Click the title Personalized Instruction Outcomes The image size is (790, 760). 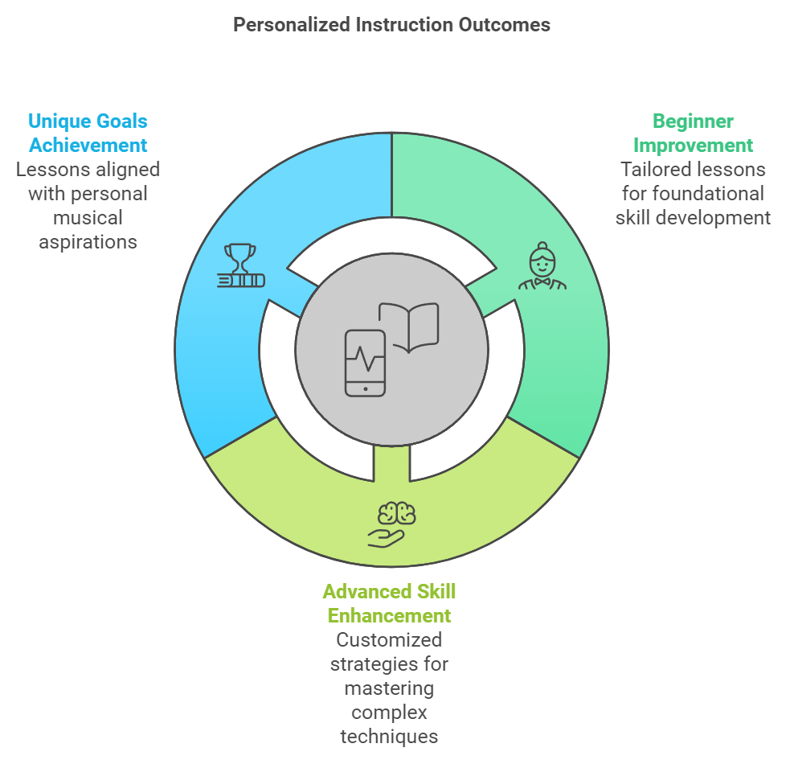coord(391,25)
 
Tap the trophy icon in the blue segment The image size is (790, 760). coord(241,265)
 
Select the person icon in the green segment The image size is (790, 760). coord(542,265)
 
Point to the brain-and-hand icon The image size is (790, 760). coord(391,524)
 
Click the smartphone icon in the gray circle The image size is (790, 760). coord(366,363)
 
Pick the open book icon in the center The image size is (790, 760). coord(408,327)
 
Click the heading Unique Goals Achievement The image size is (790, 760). coord(88,134)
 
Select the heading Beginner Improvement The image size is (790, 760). coord(693,134)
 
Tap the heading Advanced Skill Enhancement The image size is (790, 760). coord(389,604)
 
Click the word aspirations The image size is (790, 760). coord(88,242)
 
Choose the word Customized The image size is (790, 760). coord(389,640)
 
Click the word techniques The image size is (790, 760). coord(389,737)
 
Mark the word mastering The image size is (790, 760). coord(389,688)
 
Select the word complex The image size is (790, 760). coord(389,713)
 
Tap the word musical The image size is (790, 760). coord(88,218)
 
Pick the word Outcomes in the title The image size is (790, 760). coord(505,25)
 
